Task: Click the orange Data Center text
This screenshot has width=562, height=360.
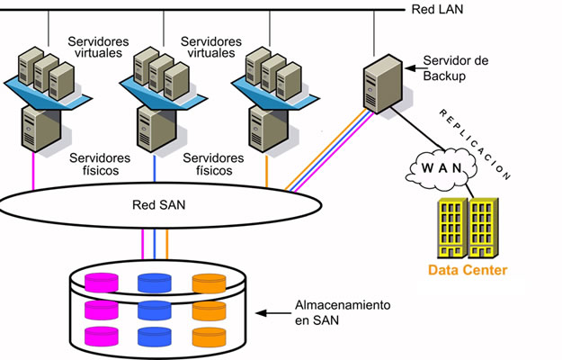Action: coord(467,270)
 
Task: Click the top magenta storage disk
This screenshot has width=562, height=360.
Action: coord(101,282)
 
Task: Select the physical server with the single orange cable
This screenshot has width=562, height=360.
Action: coord(266,126)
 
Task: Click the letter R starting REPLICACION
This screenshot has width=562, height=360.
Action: coord(442,111)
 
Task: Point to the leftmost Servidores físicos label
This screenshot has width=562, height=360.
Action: coord(100,164)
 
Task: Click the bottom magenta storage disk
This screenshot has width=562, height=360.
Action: coord(101,337)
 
